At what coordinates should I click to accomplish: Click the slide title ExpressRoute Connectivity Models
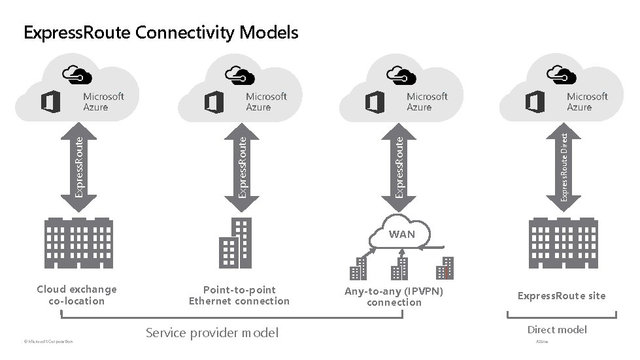[x=161, y=32]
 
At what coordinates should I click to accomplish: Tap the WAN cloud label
[x=401, y=234]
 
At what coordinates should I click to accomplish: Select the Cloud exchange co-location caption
[x=76, y=295]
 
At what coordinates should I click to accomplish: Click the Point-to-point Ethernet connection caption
[x=239, y=295]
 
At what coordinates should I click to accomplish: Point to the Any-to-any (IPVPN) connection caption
[x=394, y=297]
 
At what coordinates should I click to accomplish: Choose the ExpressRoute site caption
[x=561, y=296]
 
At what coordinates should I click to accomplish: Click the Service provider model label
[x=212, y=333]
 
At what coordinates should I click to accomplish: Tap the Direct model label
[x=557, y=329]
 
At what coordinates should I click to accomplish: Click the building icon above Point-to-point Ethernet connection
[x=235, y=242]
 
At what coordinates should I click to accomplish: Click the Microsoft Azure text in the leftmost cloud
[x=103, y=101]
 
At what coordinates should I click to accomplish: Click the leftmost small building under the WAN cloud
[x=358, y=268]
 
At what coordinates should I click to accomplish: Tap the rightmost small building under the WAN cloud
[x=445, y=268]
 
